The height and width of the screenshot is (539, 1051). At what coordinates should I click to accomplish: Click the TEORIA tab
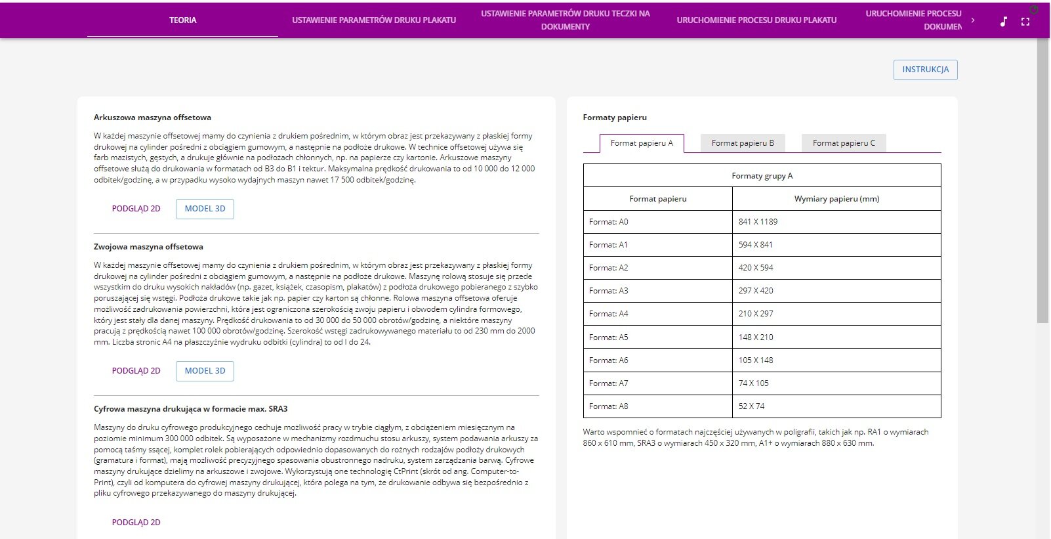pyautogui.click(x=182, y=20)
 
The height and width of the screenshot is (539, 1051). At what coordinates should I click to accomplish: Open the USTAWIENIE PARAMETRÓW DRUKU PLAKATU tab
pyautogui.click(x=374, y=20)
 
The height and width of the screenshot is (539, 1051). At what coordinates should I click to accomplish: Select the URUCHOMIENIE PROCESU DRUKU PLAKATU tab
pyautogui.click(x=756, y=20)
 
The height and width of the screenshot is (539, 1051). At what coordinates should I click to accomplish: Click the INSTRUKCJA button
pyautogui.click(x=925, y=70)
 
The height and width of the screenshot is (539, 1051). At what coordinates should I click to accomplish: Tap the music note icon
pyautogui.click(x=1003, y=22)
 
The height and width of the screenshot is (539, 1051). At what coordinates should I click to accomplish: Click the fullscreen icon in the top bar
pyautogui.click(x=1025, y=22)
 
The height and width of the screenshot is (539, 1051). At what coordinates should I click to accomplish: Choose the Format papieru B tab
pyautogui.click(x=743, y=143)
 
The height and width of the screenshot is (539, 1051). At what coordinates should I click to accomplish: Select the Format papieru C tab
pyautogui.click(x=844, y=143)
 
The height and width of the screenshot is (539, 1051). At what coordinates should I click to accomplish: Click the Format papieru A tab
pyautogui.click(x=642, y=143)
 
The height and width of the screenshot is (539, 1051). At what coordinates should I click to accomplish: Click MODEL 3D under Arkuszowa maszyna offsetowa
pyautogui.click(x=205, y=209)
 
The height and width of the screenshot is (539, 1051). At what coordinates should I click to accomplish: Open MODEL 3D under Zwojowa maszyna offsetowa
pyautogui.click(x=205, y=371)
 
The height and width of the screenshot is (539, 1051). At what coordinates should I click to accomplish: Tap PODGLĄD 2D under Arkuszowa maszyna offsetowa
pyautogui.click(x=136, y=209)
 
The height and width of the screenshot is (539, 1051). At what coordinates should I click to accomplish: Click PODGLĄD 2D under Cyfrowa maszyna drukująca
pyautogui.click(x=136, y=523)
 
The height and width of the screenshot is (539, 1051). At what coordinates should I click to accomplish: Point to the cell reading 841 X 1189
pyautogui.click(x=758, y=222)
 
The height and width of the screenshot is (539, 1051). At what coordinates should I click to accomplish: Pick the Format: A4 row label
pyautogui.click(x=609, y=314)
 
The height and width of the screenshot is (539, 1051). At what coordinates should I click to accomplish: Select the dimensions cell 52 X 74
pyautogui.click(x=752, y=406)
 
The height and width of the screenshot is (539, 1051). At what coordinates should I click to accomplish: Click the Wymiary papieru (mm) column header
pyautogui.click(x=836, y=199)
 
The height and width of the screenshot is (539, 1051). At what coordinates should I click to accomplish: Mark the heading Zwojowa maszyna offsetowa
pyautogui.click(x=148, y=247)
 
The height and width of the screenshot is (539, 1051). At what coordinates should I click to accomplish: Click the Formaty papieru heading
pyautogui.click(x=615, y=118)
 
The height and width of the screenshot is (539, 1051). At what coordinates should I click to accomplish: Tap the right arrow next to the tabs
pyautogui.click(x=973, y=20)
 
